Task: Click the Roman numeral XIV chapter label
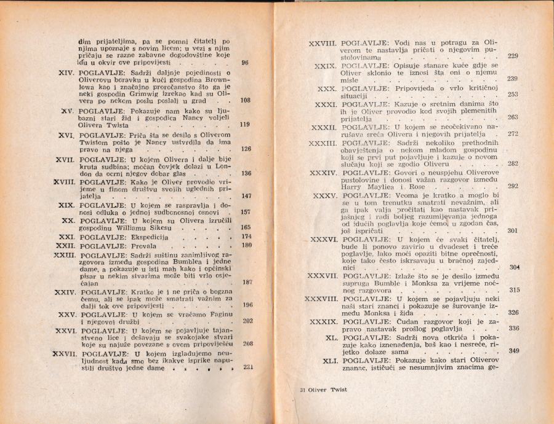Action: pos(66,73)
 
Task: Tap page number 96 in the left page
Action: pos(245,63)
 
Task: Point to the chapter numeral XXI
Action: pos(66,237)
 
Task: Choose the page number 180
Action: pos(247,246)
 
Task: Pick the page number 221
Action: pos(249,367)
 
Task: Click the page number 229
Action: pos(512,57)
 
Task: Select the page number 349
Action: pos(514,351)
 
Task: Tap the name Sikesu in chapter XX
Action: pos(177,227)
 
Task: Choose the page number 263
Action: pos(513,117)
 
